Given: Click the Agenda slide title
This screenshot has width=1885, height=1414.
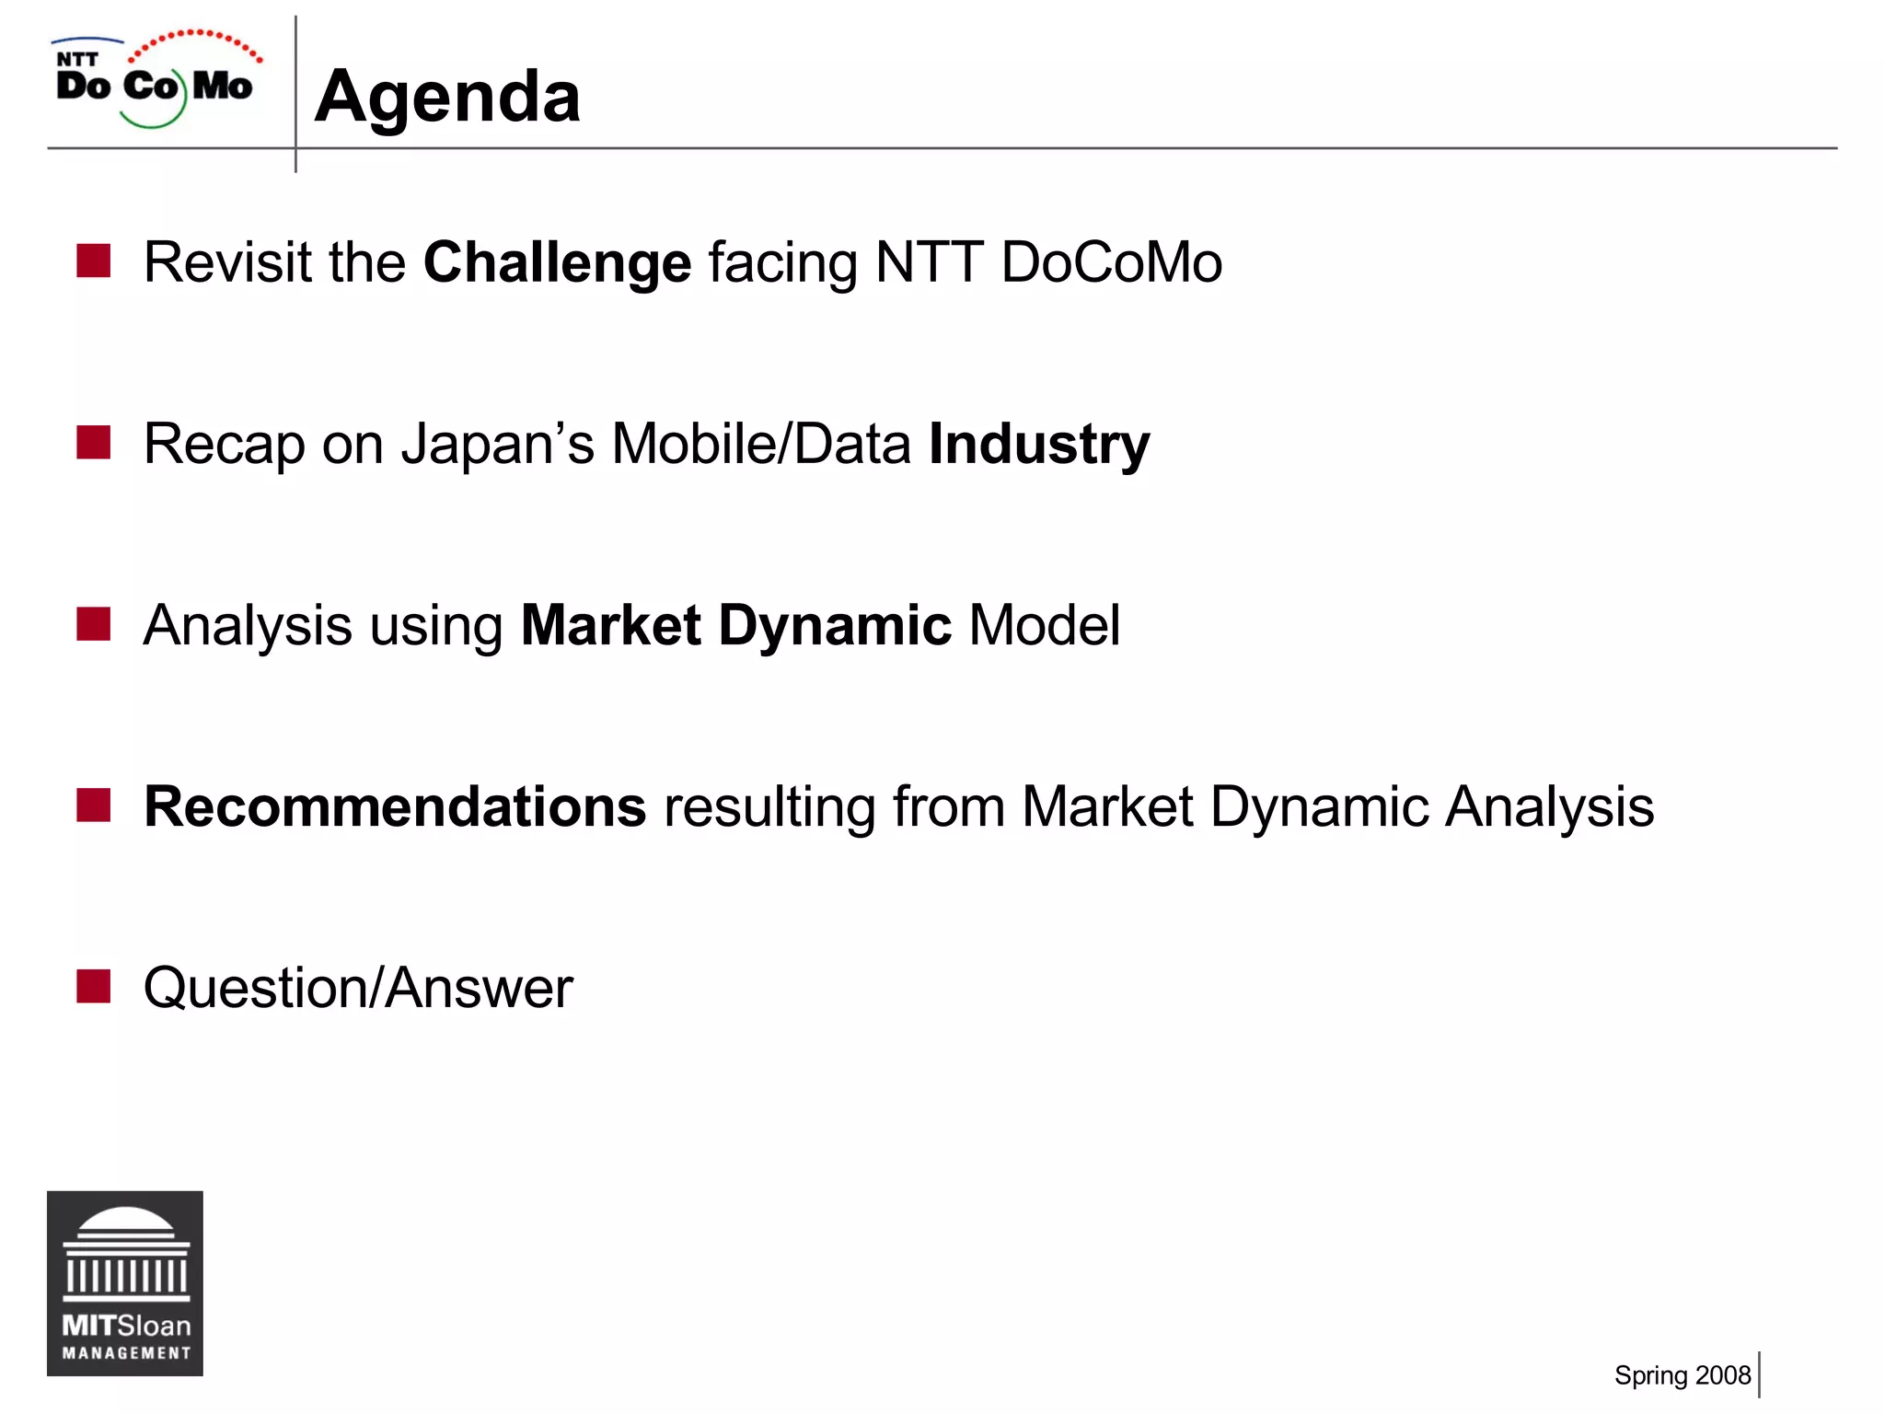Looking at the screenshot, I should point(447,97).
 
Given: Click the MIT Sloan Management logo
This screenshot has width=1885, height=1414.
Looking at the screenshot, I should point(125,1283).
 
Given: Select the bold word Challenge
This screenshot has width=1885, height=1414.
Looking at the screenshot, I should point(557,263).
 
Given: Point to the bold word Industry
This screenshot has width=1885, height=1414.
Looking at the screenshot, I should point(1039,445).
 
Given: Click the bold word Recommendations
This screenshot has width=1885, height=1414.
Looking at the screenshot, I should point(395,807).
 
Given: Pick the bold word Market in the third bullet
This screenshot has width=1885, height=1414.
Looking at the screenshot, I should point(611,626).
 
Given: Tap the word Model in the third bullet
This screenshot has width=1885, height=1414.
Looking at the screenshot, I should point(1045,626).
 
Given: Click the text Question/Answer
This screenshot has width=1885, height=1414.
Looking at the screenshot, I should point(358,989).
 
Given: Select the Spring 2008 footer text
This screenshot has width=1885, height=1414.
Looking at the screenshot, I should point(1682,1375).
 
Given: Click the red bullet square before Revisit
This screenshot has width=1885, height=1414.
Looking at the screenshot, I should point(94,261).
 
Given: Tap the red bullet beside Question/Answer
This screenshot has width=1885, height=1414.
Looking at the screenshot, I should point(94,986).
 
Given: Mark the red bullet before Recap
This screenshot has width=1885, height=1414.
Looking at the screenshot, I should point(94,443).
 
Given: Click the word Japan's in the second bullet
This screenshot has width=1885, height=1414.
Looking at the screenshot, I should point(498,445).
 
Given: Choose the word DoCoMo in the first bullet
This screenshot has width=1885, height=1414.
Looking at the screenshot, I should point(1111,263).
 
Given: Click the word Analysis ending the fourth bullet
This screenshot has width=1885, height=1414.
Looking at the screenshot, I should point(1549,807).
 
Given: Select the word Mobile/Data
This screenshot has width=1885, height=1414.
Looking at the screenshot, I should point(761,445).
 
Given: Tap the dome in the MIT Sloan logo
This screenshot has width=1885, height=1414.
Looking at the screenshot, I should point(125,1224).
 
